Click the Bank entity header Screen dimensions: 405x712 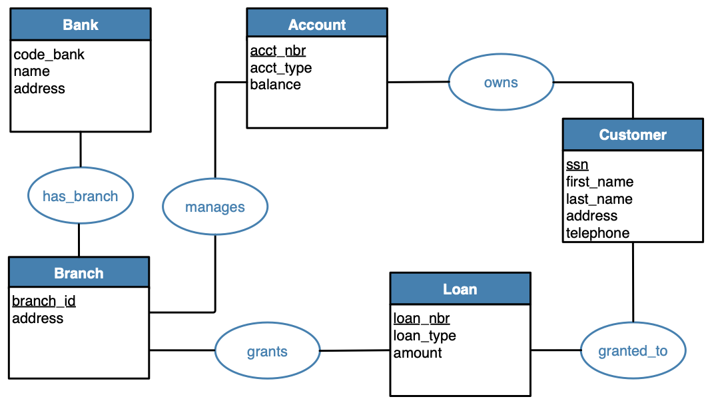point(81,25)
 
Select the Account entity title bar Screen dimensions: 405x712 point(316,25)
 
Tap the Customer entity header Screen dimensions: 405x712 point(632,135)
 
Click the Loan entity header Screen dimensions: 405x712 point(460,289)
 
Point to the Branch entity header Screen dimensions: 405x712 point(79,273)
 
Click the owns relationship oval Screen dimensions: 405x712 point(501,83)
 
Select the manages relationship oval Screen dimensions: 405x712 point(214,207)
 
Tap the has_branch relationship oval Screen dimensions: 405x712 point(80,196)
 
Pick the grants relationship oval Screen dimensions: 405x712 point(267,351)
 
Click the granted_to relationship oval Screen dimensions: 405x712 point(632,350)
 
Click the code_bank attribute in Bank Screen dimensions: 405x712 point(49,55)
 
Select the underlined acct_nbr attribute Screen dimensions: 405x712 point(278,51)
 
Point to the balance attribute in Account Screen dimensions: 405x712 point(275,85)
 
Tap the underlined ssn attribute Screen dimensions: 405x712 point(577,165)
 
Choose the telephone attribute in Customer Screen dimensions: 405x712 point(597,232)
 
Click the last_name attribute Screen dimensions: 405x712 point(599,199)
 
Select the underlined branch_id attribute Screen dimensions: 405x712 point(44,301)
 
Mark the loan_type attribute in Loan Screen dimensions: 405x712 point(424,336)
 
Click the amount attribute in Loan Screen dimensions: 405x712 point(418,353)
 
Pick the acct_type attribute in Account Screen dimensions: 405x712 point(280,68)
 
